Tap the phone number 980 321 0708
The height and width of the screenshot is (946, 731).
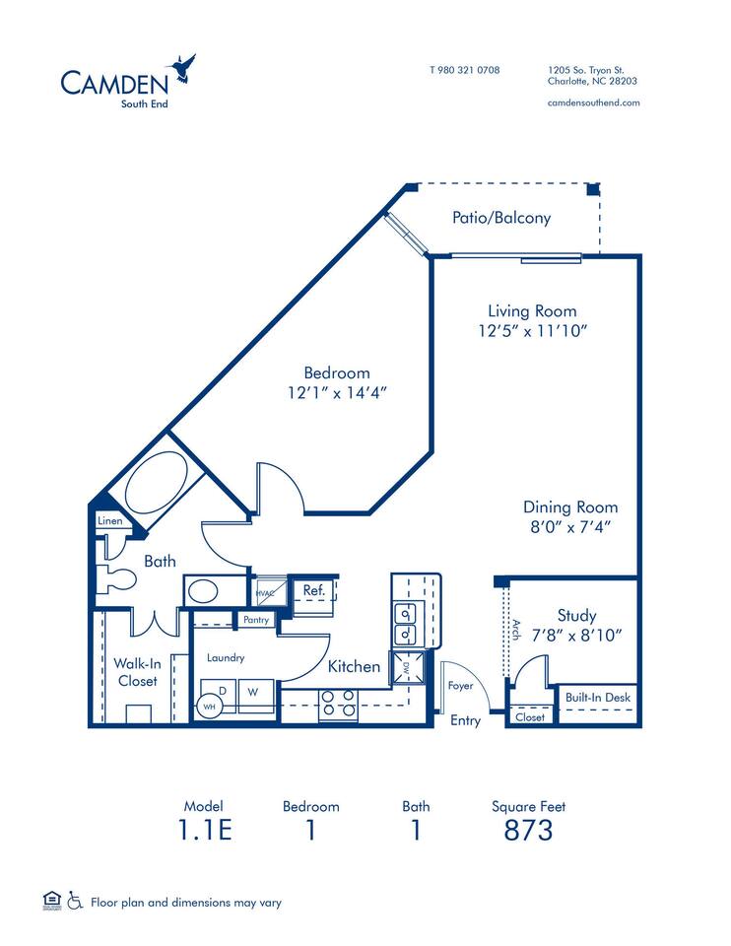tap(464, 70)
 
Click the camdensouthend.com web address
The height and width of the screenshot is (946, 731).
tap(593, 102)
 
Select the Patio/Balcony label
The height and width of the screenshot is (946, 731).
tap(500, 218)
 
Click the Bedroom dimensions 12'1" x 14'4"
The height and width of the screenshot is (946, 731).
tap(336, 393)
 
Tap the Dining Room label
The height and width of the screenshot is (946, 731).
tap(570, 507)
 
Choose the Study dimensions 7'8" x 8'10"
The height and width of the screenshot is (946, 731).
tap(576, 636)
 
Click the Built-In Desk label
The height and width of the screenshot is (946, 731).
tap(597, 698)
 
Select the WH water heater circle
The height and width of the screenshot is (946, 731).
tap(209, 707)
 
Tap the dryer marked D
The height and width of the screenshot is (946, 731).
tap(222, 692)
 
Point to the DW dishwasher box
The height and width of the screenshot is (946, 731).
tap(406, 667)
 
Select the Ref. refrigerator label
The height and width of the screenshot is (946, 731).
tap(313, 590)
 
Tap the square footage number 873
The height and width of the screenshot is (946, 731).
tap(528, 830)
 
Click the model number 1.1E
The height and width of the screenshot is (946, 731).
tap(204, 830)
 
